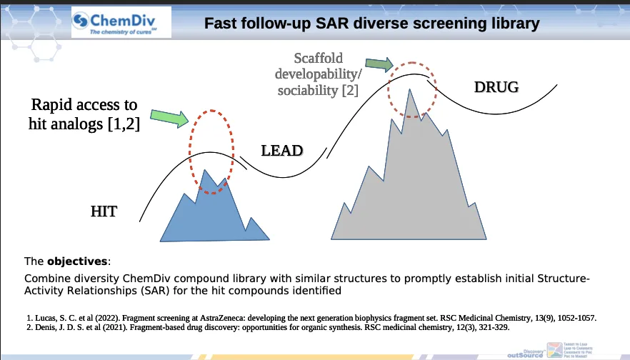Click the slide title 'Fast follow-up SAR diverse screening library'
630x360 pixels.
371,24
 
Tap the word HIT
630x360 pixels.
104,211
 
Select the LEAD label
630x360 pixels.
281,151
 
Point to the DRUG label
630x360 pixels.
496,87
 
